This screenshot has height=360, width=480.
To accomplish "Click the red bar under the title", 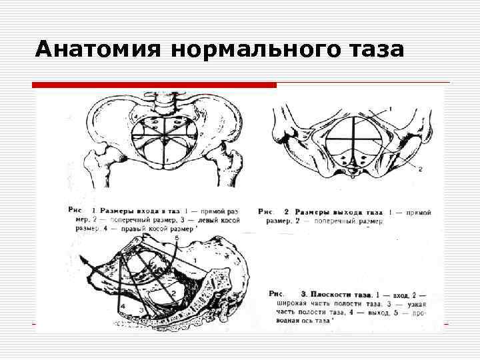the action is (x=155, y=85).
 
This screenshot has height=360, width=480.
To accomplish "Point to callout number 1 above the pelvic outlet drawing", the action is (x=390, y=108).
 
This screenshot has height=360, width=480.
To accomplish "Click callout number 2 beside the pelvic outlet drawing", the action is (x=420, y=169).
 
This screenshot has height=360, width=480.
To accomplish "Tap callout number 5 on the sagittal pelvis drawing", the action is (x=176, y=237).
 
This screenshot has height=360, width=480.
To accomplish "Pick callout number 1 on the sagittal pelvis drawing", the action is (x=194, y=258).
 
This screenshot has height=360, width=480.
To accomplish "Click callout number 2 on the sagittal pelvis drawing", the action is (x=173, y=292).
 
